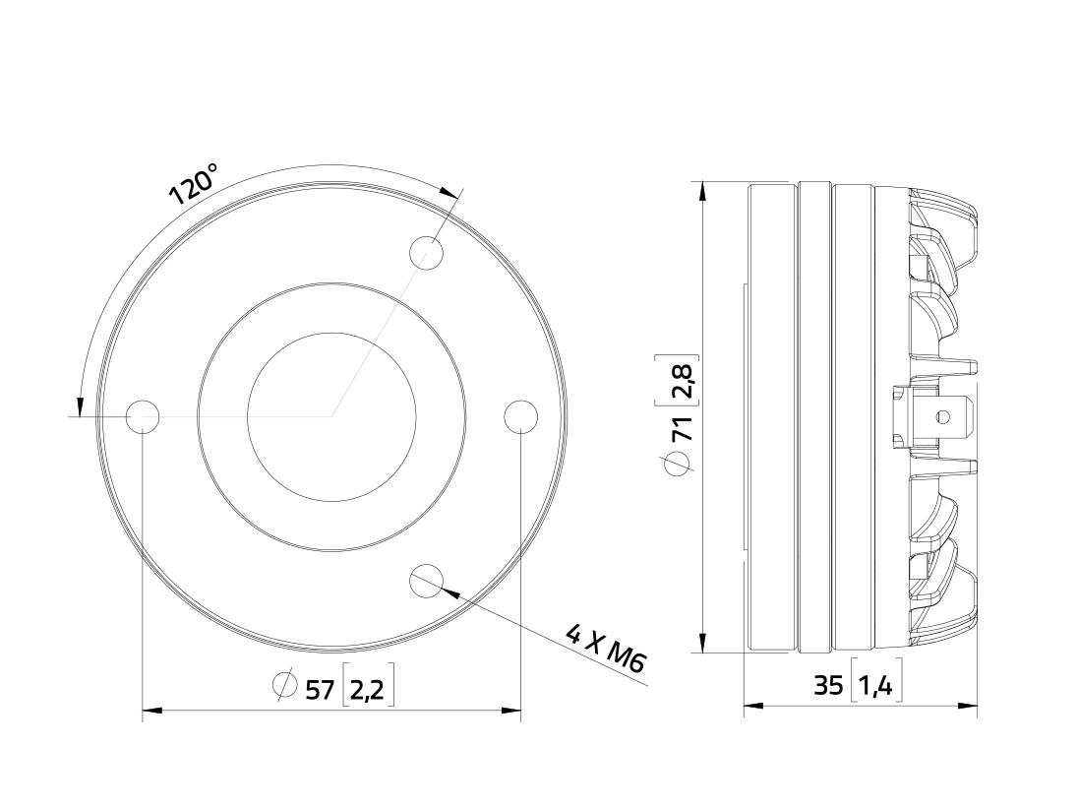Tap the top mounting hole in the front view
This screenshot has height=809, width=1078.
pyautogui.click(x=426, y=253)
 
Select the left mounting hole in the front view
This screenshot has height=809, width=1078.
pyautogui.click(x=143, y=416)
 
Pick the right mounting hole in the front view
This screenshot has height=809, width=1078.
pyautogui.click(x=520, y=416)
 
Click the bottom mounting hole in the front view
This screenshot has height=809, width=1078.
pyautogui.click(x=426, y=580)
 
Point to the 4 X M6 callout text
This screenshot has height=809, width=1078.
pyautogui.click(x=605, y=648)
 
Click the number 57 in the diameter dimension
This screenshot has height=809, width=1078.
pyautogui.click(x=319, y=689)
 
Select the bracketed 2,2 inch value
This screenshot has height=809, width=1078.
pyautogui.click(x=368, y=689)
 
